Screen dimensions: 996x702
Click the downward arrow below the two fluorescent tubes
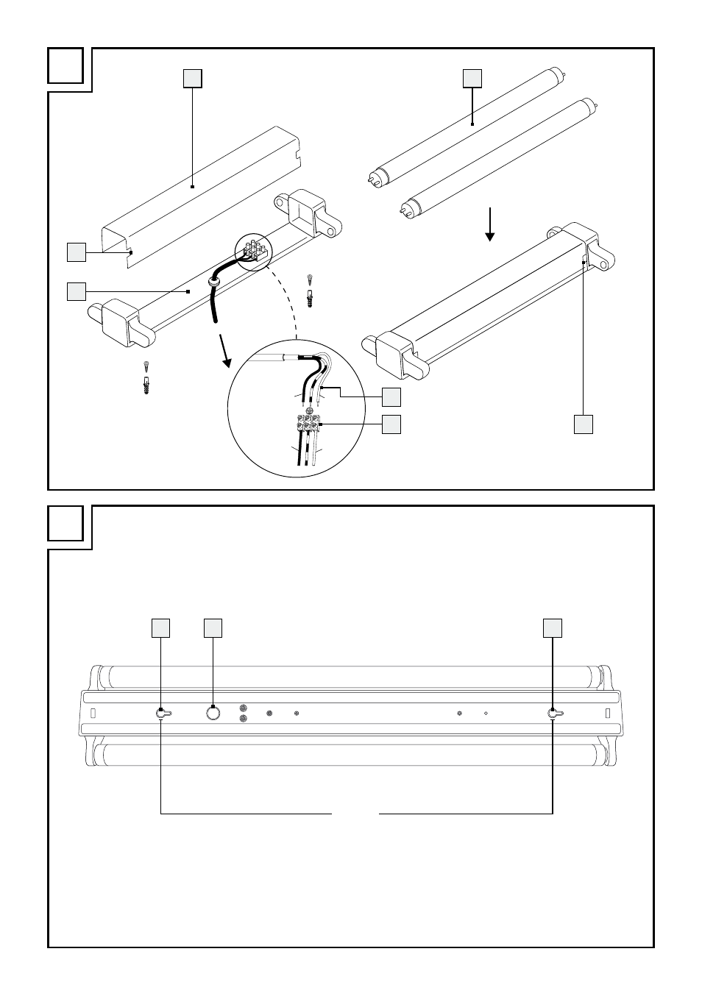point(489,224)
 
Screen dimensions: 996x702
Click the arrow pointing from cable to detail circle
point(224,352)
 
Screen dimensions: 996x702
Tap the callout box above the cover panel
point(192,78)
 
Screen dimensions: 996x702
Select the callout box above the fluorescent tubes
point(472,78)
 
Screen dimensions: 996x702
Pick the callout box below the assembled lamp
point(584,424)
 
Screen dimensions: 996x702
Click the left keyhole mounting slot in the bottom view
point(162,713)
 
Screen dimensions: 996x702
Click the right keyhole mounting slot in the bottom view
point(553,713)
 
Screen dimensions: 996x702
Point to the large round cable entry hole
point(213,713)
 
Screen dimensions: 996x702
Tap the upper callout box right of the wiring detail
point(391,397)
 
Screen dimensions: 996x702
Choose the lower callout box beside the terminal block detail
point(391,424)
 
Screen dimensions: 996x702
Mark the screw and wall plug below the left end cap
point(147,377)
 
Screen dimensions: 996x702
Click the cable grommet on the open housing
point(214,280)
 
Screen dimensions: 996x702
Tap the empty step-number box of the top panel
point(65,65)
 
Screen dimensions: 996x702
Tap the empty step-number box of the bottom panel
point(65,523)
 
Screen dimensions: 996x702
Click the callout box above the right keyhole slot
point(553,627)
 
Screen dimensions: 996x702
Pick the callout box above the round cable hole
point(213,627)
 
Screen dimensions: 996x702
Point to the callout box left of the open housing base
point(76,291)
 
